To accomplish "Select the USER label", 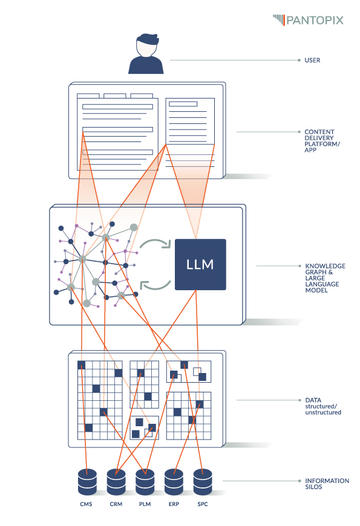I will [x=312, y=60].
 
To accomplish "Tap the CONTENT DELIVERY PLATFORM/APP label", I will [x=319, y=140].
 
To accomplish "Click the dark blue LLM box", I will [x=200, y=265].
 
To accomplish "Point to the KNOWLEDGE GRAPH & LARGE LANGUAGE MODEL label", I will [x=325, y=278].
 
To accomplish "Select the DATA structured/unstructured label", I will [x=322, y=406].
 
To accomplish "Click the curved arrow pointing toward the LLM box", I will [x=155, y=244].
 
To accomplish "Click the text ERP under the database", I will [x=174, y=504].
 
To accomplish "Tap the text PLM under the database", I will [x=145, y=504].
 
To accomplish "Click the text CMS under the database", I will [x=87, y=504].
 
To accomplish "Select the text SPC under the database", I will [x=203, y=504].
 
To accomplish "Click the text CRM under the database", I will [x=116, y=504].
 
